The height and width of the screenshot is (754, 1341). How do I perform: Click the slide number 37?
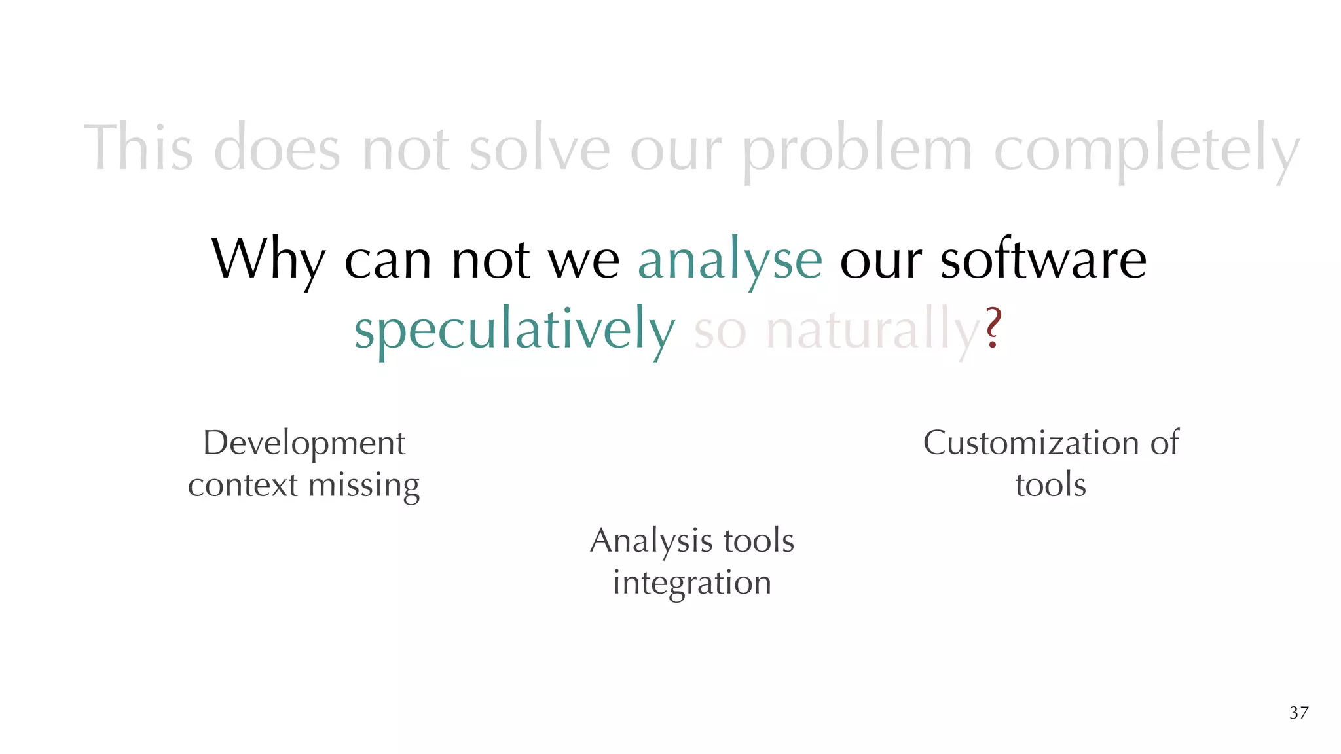point(1298,713)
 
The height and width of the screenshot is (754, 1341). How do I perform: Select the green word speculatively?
point(514,331)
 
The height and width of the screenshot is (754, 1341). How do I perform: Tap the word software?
point(1043,259)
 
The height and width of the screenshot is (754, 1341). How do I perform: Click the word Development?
point(304,444)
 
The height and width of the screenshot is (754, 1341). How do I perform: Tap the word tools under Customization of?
point(1050,486)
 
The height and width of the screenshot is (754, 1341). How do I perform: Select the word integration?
point(691,583)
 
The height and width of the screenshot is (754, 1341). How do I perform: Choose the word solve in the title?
point(540,149)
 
